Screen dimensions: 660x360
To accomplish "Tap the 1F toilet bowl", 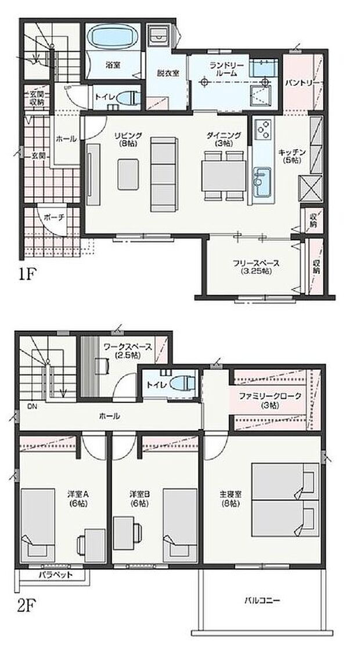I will [131, 98].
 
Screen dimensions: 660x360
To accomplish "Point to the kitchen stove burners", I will [262, 128].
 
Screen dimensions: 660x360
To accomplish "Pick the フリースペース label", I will [256, 266].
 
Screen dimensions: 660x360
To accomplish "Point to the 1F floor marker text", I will [28, 273].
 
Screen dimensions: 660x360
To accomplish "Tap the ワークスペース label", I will [128, 350].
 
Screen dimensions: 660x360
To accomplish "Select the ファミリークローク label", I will [271, 400].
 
